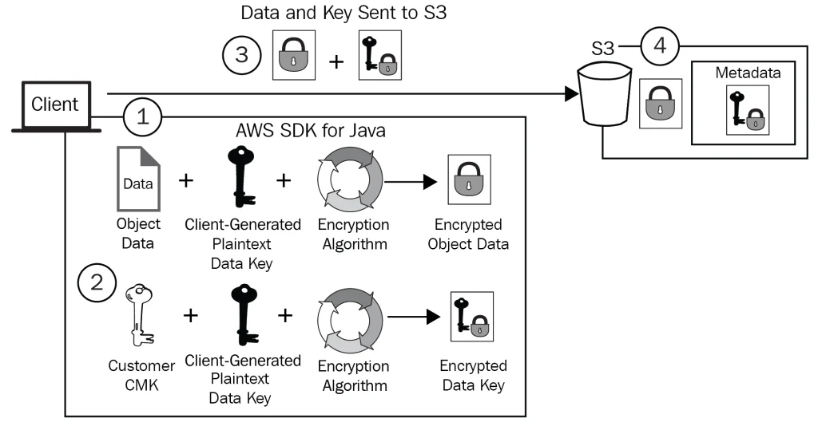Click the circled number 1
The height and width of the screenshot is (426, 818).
click(x=142, y=116)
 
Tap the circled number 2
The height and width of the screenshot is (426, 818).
click(x=97, y=282)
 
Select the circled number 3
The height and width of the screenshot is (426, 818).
click(x=241, y=55)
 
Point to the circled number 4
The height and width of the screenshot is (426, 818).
click(x=660, y=45)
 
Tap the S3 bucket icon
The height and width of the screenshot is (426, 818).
click(x=604, y=94)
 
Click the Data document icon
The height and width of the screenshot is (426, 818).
click(x=138, y=179)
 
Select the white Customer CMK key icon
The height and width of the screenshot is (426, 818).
click(x=139, y=315)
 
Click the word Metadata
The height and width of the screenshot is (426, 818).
click(x=748, y=73)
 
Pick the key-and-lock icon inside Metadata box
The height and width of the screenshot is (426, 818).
click(x=748, y=110)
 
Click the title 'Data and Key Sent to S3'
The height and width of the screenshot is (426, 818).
click(x=343, y=13)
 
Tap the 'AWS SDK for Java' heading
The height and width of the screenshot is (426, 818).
click(x=311, y=130)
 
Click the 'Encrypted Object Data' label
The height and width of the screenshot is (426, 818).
click(x=468, y=234)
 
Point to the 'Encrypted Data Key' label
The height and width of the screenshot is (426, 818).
click(x=473, y=375)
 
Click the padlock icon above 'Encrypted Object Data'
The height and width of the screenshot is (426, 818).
click(x=470, y=179)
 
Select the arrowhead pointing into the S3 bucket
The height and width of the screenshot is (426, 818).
click(x=572, y=94)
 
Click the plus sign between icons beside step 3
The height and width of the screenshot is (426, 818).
click(x=336, y=61)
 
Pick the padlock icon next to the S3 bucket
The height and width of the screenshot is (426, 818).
click(x=661, y=104)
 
